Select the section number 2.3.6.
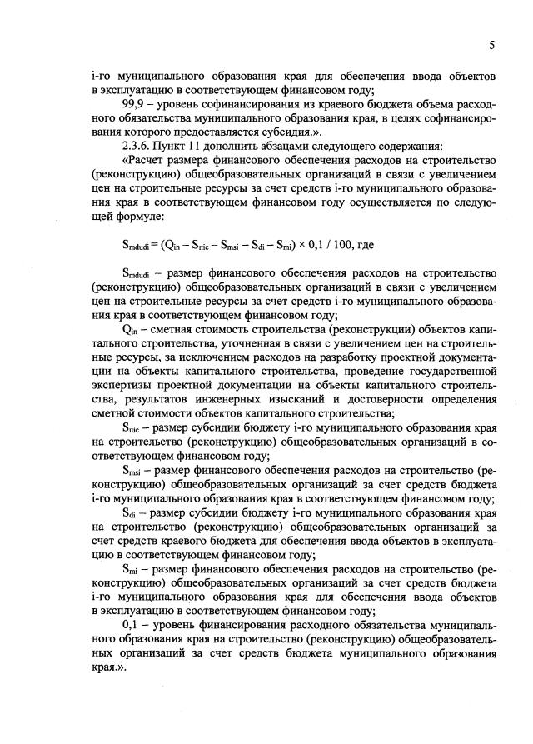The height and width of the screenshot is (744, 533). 137,147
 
